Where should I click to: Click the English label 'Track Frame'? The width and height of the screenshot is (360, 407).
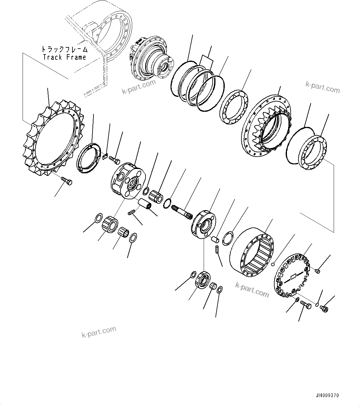(x=64, y=57)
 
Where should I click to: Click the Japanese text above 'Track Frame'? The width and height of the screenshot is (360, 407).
(x=64, y=49)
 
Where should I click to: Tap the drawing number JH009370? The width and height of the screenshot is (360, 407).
(x=327, y=396)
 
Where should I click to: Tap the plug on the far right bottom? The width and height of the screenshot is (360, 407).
(x=325, y=308)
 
